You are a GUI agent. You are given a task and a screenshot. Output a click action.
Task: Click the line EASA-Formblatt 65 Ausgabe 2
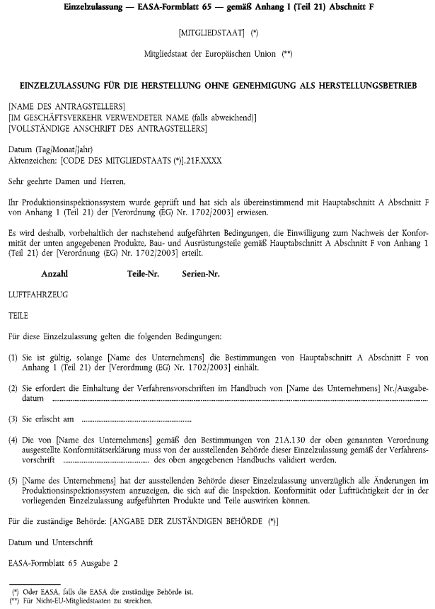pos(63,564)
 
